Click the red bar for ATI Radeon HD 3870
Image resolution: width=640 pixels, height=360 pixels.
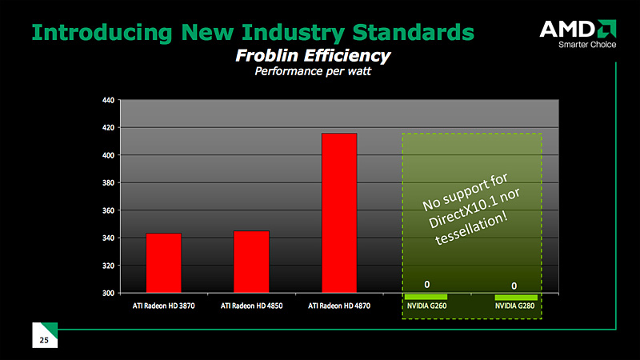[164, 263]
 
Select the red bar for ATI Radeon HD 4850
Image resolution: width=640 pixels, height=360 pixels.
[251, 262]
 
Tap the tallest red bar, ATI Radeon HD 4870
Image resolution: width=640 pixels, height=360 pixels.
[339, 213]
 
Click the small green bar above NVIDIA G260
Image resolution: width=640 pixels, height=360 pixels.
[426, 297]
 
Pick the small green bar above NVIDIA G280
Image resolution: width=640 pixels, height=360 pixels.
[516, 298]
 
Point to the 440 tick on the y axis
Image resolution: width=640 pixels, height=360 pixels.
[108, 100]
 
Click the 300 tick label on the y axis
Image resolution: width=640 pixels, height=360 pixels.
[108, 293]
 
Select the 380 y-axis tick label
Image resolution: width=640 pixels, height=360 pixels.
[108, 183]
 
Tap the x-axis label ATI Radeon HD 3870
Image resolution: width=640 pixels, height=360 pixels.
[164, 306]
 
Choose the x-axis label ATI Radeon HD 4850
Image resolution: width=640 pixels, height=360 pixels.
[251, 306]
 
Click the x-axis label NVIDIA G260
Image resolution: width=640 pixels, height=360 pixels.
[427, 306]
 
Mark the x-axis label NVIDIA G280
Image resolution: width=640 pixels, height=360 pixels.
[514, 306]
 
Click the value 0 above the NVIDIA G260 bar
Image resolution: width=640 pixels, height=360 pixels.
[427, 285]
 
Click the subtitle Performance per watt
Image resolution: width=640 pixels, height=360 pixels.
[313, 71]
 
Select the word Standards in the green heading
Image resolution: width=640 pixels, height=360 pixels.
[413, 32]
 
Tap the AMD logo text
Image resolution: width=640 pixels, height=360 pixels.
[567, 30]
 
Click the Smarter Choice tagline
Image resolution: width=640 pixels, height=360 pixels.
[587, 45]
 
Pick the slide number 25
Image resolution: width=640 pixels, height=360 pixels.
[44, 340]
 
